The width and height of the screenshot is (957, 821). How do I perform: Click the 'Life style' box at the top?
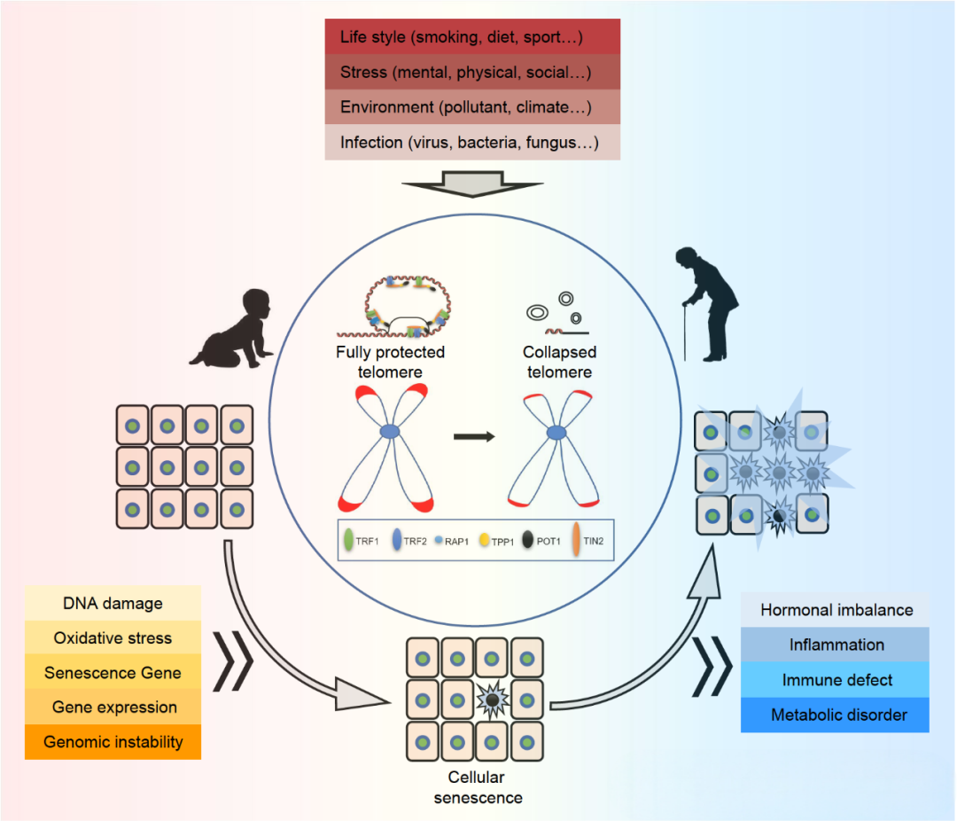472,38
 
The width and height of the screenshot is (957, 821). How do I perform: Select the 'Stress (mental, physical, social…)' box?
472,73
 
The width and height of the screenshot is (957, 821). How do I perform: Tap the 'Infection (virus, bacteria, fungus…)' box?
472,142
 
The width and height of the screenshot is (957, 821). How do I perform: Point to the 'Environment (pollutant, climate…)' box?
472,107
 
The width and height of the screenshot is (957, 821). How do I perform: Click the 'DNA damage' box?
113,603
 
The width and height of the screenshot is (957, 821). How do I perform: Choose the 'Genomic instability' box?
113,742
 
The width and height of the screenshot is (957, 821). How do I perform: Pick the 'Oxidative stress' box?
113,637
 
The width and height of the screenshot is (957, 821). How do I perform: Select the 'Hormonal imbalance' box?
836,610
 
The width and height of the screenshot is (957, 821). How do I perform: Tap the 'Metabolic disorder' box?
836,715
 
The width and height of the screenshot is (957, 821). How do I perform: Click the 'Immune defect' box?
836,680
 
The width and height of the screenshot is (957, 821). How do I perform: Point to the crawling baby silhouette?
230,326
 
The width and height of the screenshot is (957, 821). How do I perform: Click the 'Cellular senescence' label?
476,787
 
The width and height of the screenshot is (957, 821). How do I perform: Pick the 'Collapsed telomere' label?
559,363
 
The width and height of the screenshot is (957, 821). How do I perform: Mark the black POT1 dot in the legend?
529,539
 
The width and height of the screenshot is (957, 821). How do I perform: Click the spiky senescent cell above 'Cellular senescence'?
491,700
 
